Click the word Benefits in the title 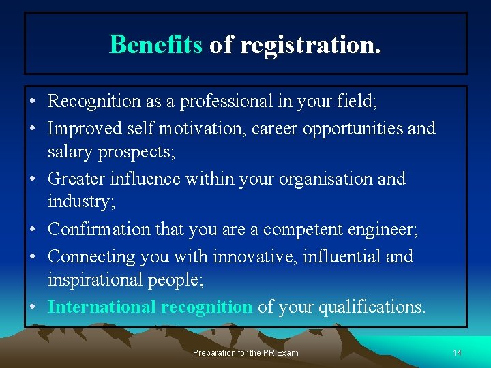[155, 45]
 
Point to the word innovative [256, 256]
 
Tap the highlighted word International [102, 307]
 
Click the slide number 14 [457, 353]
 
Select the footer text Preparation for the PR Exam [245, 353]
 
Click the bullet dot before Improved [33, 129]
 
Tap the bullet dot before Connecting [33, 256]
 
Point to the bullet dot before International [33, 307]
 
